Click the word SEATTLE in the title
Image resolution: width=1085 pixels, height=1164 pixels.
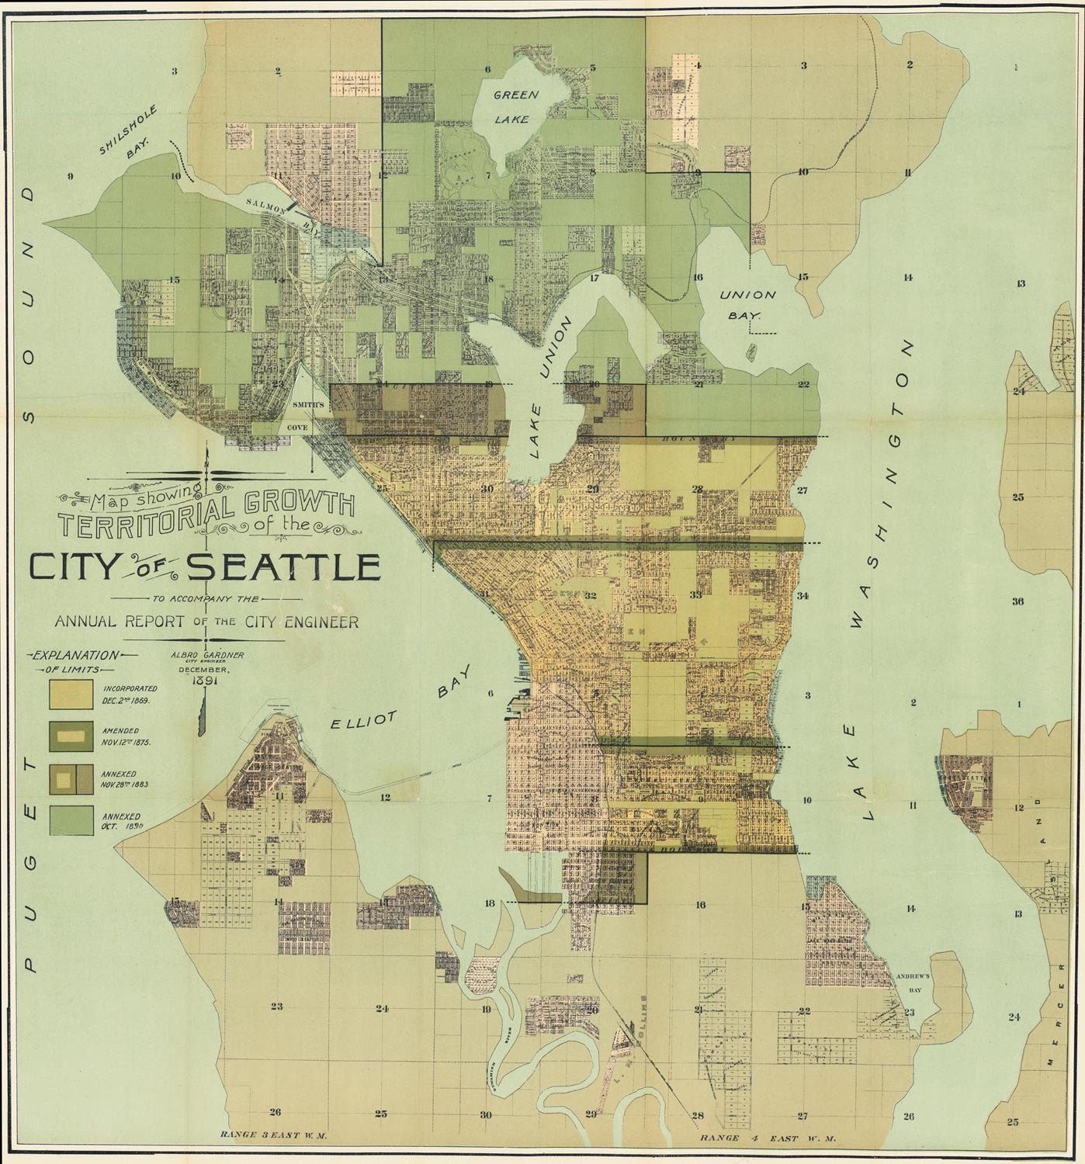[x=284, y=567]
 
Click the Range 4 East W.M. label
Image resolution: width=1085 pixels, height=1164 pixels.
[x=767, y=1138]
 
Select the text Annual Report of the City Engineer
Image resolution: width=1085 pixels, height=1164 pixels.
[x=206, y=622]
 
